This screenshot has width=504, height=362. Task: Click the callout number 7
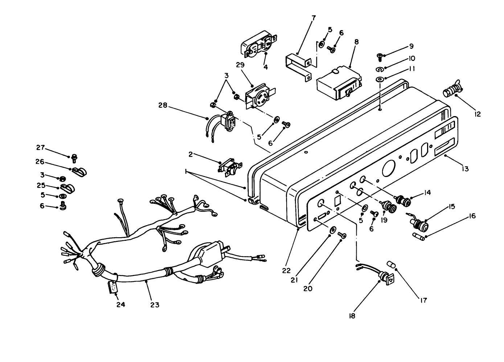(x=314, y=17)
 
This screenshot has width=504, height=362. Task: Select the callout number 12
(x=478, y=114)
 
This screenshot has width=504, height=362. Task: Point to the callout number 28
(x=163, y=105)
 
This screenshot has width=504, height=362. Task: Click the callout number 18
(x=351, y=316)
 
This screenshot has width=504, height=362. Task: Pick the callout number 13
(x=465, y=168)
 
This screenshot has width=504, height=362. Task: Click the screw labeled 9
(x=379, y=55)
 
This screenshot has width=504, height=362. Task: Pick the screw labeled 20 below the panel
(x=342, y=235)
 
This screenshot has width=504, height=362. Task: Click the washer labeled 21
(x=332, y=231)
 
